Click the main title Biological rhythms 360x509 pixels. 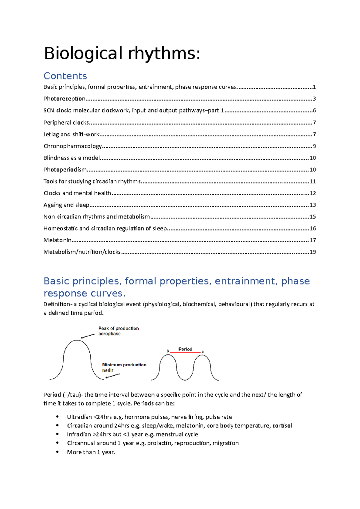[122, 54]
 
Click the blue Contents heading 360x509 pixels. [65, 76]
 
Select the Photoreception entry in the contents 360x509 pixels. [64, 99]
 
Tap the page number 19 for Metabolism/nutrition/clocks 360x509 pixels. [313, 252]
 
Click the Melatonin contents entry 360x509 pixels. [57, 240]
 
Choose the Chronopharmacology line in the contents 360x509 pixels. [73, 146]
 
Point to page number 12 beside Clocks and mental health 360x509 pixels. [313, 193]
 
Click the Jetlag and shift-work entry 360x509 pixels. [71, 134]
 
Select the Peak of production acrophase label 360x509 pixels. [118, 331]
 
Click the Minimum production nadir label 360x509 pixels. [124, 367]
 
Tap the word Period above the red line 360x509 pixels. [185, 349]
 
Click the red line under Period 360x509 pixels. [185, 353]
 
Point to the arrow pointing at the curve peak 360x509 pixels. [88, 336]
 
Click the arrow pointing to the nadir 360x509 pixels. [113, 376]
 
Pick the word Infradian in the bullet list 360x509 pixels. [79, 434]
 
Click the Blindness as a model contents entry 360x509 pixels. [71, 158]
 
